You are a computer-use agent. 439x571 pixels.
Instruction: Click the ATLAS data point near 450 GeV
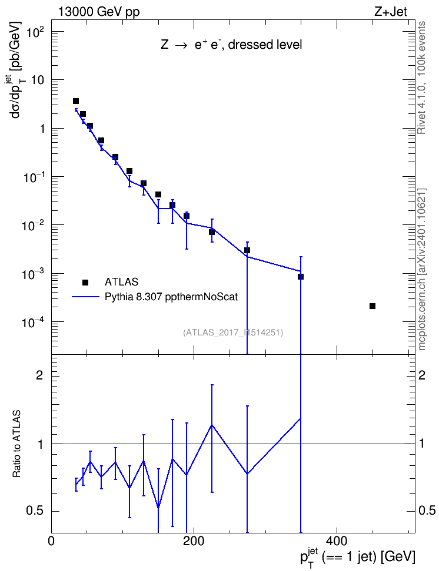click(373, 306)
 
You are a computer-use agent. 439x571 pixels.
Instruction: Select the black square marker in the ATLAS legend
click(85, 282)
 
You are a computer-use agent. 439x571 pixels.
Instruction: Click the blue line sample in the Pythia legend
click(85, 297)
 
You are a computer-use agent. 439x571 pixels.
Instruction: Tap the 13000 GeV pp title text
click(98, 12)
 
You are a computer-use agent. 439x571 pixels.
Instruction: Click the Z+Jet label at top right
click(391, 12)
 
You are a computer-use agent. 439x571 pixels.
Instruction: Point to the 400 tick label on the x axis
click(336, 541)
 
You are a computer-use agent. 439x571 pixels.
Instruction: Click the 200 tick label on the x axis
click(194, 541)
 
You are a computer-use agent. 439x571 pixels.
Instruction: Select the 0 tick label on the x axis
click(51, 541)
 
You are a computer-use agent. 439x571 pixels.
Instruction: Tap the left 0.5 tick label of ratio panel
click(35, 511)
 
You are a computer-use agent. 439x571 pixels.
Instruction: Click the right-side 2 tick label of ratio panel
click(422, 375)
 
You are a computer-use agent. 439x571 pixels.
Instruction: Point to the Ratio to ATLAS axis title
click(16, 444)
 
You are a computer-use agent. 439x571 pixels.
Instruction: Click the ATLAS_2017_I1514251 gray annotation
click(233, 332)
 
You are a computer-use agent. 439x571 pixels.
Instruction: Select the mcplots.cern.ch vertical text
click(422, 270)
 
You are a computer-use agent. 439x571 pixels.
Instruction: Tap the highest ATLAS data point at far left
click(76, 101)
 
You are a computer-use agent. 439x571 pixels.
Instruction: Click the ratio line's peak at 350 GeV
click(300, 418)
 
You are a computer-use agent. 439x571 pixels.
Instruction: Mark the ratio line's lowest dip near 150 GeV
click(158, 508)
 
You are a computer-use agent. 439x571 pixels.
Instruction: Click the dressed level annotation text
click(265, 45)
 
